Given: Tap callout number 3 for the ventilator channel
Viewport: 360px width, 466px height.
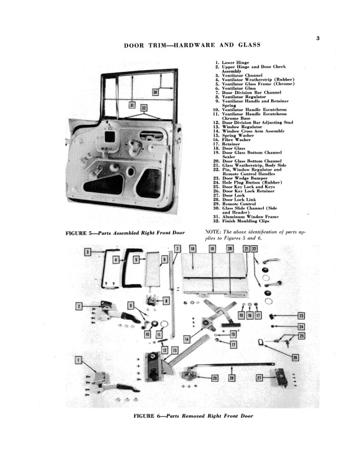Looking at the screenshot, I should coord(88,252).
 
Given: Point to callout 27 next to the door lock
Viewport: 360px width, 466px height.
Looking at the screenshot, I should coord(259,377).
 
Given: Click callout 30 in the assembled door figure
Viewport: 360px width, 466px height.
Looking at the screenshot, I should coord(155,92).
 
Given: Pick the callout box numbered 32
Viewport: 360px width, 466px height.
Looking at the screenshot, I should coord(144,108).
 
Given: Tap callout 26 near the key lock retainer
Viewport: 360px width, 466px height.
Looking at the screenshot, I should coord(295,357).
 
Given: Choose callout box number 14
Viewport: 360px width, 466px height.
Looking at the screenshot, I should coord(186,339).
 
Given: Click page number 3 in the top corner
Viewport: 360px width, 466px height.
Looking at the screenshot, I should coord(317,39).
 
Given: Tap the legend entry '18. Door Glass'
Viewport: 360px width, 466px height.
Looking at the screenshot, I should coord(234,148).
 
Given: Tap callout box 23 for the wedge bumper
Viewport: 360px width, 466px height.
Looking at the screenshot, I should coord(301,316).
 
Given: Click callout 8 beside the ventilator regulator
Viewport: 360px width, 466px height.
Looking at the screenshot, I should coord(166,301).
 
